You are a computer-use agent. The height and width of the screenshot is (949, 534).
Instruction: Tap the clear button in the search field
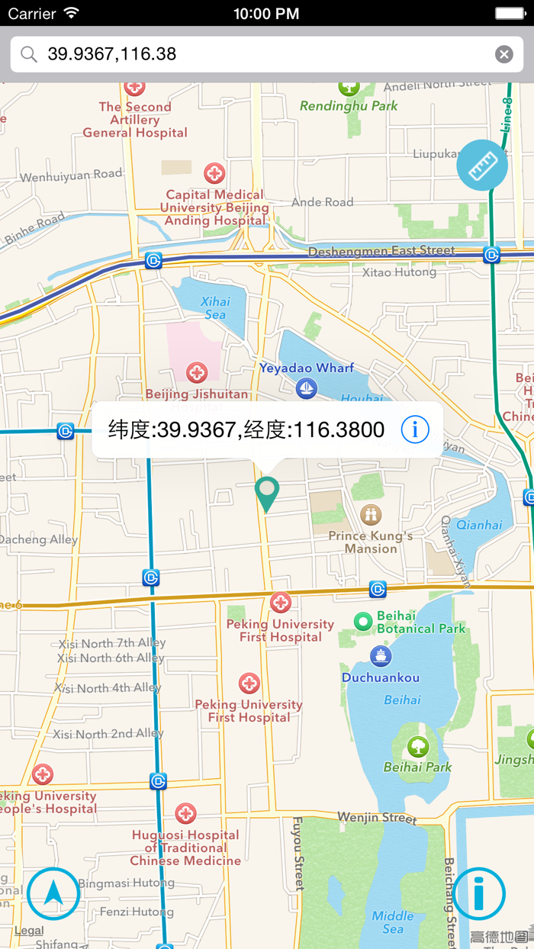[503, 53]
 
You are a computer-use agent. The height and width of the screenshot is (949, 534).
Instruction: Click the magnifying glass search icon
[29, 54]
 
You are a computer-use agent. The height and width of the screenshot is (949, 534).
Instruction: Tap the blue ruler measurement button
[482, 166]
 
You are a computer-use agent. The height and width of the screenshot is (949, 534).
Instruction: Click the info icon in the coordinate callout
[415, 429]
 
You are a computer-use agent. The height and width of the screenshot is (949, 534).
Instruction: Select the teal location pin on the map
[267, 493]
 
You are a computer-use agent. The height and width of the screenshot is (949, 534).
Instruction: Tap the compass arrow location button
[53, 893]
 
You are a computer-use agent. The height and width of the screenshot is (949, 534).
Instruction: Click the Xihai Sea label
[215, 307]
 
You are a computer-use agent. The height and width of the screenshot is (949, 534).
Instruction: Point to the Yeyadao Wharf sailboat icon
[307, 388]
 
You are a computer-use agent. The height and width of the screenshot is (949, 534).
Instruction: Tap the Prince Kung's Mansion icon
[371, 514]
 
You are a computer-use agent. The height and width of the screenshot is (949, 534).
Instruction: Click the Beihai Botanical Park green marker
[364, 622]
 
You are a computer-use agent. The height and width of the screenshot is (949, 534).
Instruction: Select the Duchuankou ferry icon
[380, 655]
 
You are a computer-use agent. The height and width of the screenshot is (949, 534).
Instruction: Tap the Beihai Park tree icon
[417, 746]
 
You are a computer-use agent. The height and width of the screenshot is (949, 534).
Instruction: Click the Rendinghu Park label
[349, 106]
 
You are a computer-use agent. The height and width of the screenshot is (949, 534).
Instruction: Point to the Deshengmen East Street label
[381, 250]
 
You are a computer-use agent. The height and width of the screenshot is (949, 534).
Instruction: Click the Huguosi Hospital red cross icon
[185, 813]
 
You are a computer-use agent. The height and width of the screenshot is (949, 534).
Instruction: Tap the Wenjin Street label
[377, 818]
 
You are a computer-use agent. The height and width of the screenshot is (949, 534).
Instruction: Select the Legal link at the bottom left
[29, 930]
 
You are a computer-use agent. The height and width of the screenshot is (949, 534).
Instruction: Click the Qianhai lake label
[479, 525]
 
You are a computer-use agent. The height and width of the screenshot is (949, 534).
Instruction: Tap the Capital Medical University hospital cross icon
[214, 173]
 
